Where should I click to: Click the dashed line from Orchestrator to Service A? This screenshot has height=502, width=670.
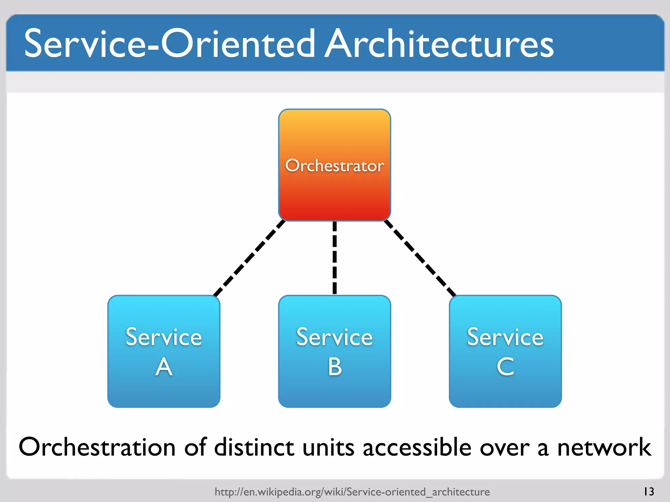249,258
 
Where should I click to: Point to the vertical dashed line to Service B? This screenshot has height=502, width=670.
334,258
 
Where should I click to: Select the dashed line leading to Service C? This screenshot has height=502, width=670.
420,258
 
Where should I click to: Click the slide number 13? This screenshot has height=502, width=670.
649,491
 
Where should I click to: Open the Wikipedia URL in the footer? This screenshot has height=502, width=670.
352,492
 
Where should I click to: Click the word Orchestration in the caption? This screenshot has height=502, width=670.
97,447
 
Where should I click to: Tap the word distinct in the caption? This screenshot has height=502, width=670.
254,447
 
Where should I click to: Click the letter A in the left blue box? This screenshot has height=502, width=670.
164,367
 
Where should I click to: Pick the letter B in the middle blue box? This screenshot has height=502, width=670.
335,367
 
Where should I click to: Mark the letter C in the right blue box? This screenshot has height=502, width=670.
505,367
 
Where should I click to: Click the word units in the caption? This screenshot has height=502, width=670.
328,447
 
